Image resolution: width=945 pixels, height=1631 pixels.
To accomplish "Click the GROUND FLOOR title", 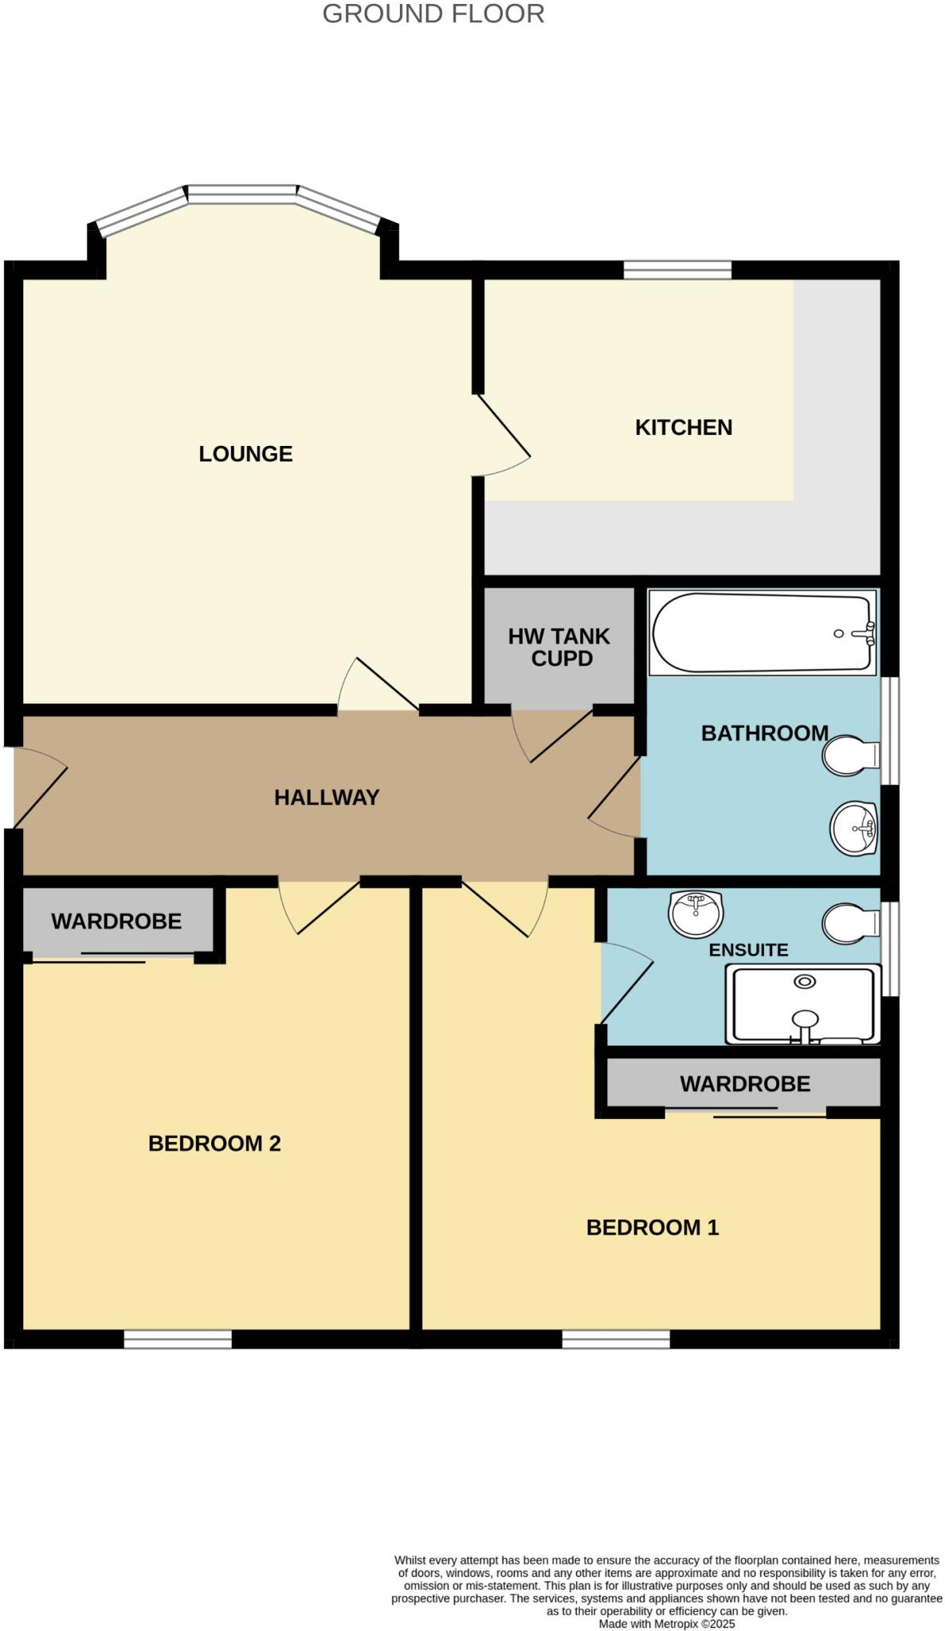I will (433, 14).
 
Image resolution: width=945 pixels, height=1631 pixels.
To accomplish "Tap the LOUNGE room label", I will (245, 453).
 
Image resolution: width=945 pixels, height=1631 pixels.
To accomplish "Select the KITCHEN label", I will (683, 427).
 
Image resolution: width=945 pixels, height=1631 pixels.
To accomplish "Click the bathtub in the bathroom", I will (761, 632).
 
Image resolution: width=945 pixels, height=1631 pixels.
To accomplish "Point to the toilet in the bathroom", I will (849, 755).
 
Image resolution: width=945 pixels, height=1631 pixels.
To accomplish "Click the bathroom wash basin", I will (853, 828).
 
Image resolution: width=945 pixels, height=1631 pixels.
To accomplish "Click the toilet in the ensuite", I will (849, 922).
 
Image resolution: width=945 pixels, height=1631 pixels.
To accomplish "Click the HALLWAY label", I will (326, 797).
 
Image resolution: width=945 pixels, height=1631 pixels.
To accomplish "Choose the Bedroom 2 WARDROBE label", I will (116, 921).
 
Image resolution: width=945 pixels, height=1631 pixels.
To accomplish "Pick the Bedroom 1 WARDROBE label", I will (744, 1083).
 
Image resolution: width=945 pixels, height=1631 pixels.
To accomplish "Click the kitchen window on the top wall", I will (676, 270).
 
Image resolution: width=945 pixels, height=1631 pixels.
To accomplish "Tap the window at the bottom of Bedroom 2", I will (178, 1339).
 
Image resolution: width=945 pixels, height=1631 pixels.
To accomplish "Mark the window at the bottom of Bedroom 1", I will (615, 1339).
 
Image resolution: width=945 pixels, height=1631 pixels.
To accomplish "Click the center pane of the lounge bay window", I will (242, 194).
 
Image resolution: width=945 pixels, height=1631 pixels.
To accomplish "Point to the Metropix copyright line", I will (666, 1623).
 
